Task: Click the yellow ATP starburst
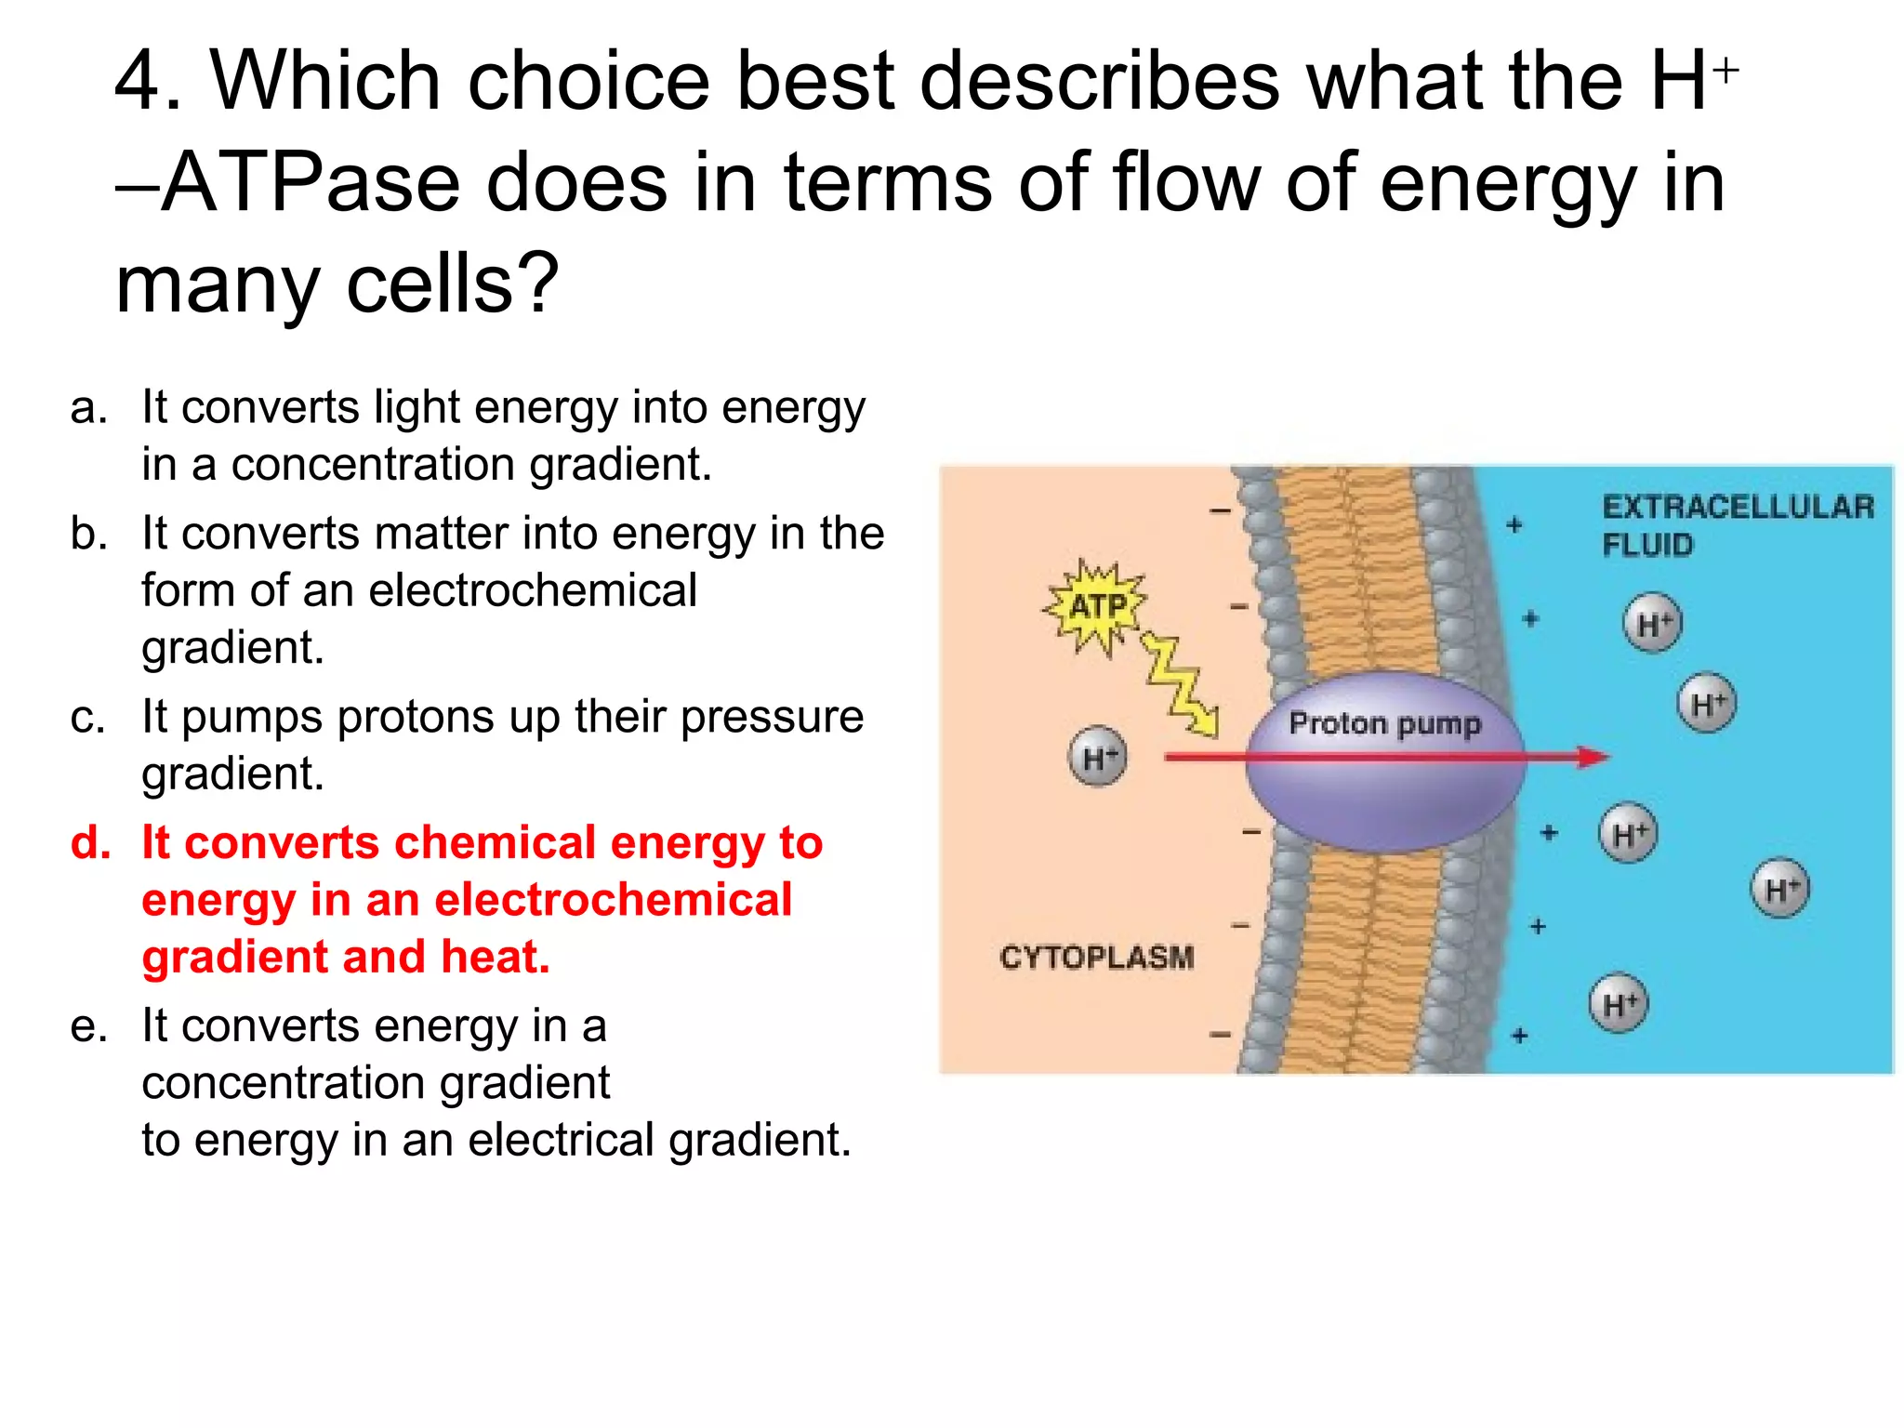pyautogui.click(x=1096, y=607)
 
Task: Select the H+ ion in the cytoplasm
pyautogui.click(x=1097, y=757)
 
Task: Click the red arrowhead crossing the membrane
pyautogui.click(x=1593, y=757)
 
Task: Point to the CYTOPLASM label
pyautogui.click(x=1096, y=957)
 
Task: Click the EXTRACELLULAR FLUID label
pyautogui.click(x=1737, y=525)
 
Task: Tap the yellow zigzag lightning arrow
pyautogui.click(x=1177, y=682)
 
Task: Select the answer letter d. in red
pyautogui.click(x=91, y=843)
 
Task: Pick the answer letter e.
pyautogui.click(x=89, y=1027)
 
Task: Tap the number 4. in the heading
pyautogui.click(x=149, y=82)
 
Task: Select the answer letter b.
pyautogui.click(x=89, y=535)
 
